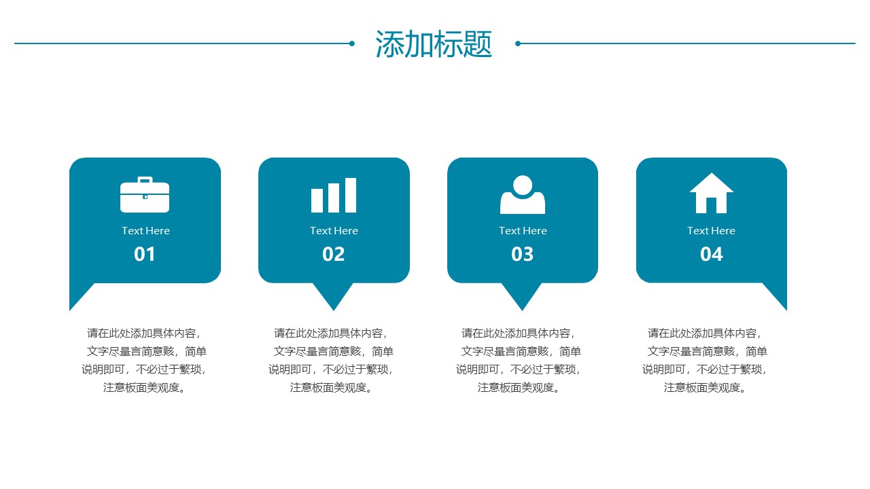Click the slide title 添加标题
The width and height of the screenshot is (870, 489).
tap(434, 44)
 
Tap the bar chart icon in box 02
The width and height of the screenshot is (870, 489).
tap(334, 196)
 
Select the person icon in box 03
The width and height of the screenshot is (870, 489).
tap(523, 195)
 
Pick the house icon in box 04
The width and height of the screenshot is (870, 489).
tap(711, 194)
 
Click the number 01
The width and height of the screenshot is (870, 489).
tap(145, 255)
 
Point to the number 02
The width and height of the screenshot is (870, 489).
tap(334, 255)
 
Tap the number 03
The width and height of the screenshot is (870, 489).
tap(523, 255)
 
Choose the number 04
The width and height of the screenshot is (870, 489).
tap(711, 255)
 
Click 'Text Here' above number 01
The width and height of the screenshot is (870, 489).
tap(145, 231)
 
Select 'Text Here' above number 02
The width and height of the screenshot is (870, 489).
tap(334, 231)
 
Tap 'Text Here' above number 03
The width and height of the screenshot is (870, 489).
tap(523, 231)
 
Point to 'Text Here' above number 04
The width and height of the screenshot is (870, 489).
tap(711, 231)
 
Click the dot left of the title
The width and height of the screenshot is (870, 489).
tap(352, 43)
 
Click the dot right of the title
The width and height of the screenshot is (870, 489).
tap(518, 43)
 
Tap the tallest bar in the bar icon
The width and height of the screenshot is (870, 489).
tap(351, 196)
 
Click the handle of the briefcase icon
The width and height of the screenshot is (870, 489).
tap(145, 180)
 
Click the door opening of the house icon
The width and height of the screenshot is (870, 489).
tap(712, 205)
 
